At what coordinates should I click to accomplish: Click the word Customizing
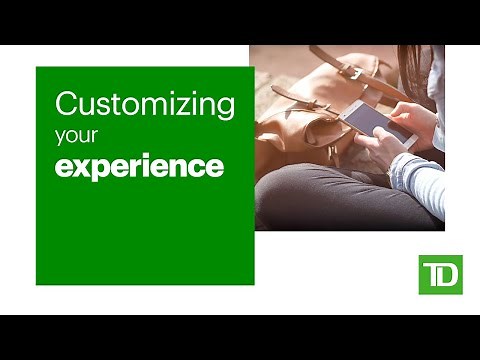click(145, 105)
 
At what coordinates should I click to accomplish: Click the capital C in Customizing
click(66, 103)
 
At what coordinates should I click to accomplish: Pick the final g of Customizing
click(226, 108)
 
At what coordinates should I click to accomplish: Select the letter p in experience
click(101, 169)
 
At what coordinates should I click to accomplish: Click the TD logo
click(440, 275)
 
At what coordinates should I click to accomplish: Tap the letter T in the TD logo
click(431, 275)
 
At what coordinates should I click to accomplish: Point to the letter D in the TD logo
click(448, 275)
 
